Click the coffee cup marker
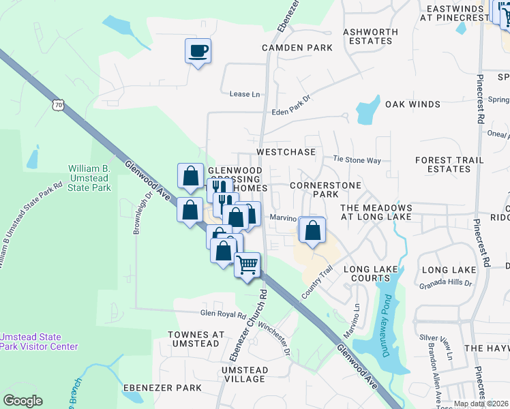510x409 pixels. [x=198, y=51]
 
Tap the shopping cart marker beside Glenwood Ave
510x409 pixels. [x=248, y=264]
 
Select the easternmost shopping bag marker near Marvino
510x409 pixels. [x=312, y=230]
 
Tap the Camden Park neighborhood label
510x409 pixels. [x=297, y=48]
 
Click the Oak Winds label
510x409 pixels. [x=412, y=104]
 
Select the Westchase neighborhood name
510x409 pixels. [x=286, y=151]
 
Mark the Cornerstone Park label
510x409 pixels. [x=314, y=190]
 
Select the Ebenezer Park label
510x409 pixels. [x=162, y=388]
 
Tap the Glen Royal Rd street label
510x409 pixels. [x=222, y=315]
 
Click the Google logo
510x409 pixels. [x=22, y=401]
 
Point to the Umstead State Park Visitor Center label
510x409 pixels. [x=39, y=342]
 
